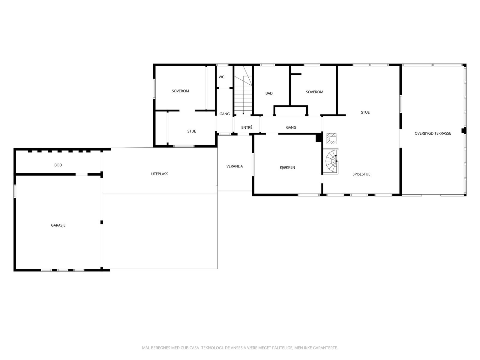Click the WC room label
coord(221,77)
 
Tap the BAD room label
coord(269,93)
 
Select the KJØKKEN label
coord(287,167)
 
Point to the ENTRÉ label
coord(247,127)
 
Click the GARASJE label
coord(58,225)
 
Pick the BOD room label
coord(58,165)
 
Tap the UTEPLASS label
coord(160,174)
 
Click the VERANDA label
coord(235,166)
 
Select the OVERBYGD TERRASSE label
coord(433,133)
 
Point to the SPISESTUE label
coord(361,174)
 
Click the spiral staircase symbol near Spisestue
coord(331,161)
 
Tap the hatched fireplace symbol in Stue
coord(331,139)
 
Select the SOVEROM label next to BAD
coord(315,92)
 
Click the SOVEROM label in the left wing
coord(180,91)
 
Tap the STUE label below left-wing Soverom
coord(192,131)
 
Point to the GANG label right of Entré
coord(291,127)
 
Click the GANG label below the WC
coord(225,114)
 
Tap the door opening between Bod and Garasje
coord(82,174)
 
